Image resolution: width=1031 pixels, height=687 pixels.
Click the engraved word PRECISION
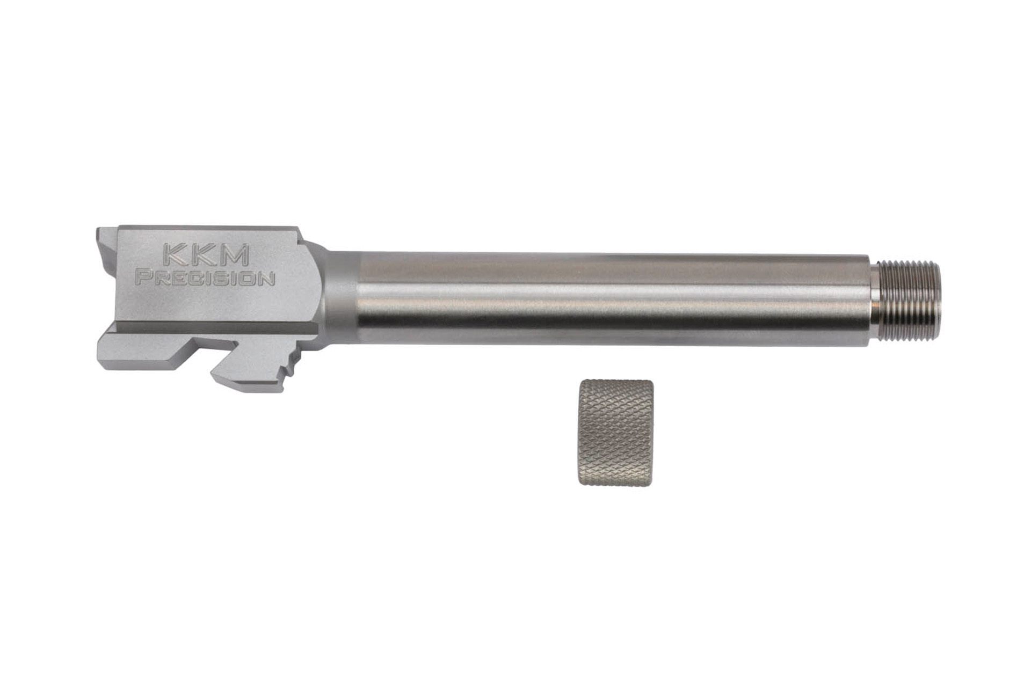pos(206,279)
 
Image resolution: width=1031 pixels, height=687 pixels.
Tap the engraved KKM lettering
pos(206,255)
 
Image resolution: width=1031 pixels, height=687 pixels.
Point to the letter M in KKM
pos(234,255)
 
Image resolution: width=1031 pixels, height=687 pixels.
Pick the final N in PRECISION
pos(269,279)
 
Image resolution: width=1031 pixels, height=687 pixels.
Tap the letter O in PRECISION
pos(251,279)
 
